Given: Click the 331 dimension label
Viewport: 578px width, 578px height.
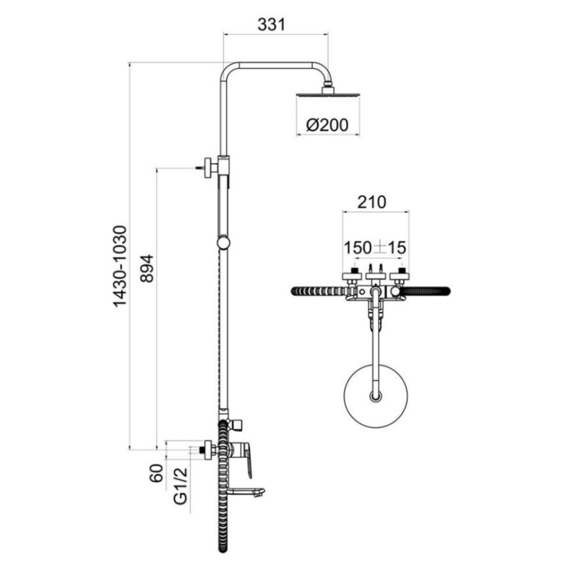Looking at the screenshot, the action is [272, 25].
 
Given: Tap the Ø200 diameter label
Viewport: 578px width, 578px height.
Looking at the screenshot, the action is [327, 125].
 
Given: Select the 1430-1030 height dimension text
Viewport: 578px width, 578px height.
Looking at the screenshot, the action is [120, 267].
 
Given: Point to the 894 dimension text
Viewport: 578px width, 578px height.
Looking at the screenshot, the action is [147, 268].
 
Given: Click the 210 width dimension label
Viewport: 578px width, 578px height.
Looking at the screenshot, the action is [371, 202].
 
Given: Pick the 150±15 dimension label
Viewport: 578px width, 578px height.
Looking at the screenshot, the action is [375, 248].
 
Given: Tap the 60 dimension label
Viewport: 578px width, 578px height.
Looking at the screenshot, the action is [156, 473].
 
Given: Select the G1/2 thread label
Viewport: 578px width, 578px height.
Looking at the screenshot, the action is [181, 486].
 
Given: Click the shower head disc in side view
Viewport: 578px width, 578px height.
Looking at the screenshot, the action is [327, 95].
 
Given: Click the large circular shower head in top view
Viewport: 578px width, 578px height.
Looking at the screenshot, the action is [376, 396].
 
